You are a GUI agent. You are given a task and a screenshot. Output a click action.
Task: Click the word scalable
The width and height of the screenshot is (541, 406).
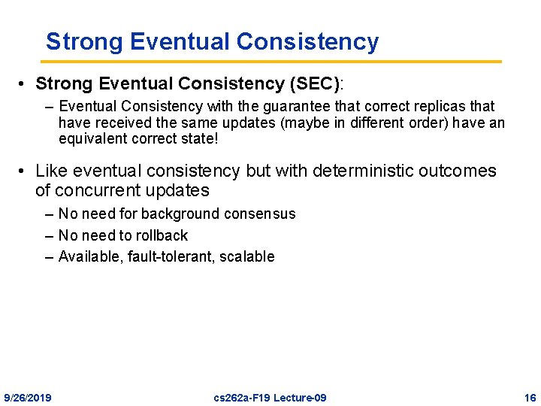(x=247, y=257)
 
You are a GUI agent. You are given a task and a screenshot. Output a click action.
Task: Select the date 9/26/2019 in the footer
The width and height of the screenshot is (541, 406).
(x=28, y=397)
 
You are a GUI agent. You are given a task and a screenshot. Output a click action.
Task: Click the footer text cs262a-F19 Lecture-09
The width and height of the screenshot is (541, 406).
(x=270, y=397)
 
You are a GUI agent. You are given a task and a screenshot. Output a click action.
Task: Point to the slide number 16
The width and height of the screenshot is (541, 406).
(x=530, y=397)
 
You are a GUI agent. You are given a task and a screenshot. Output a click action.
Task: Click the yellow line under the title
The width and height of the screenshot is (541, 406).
(x=270, y=61)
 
